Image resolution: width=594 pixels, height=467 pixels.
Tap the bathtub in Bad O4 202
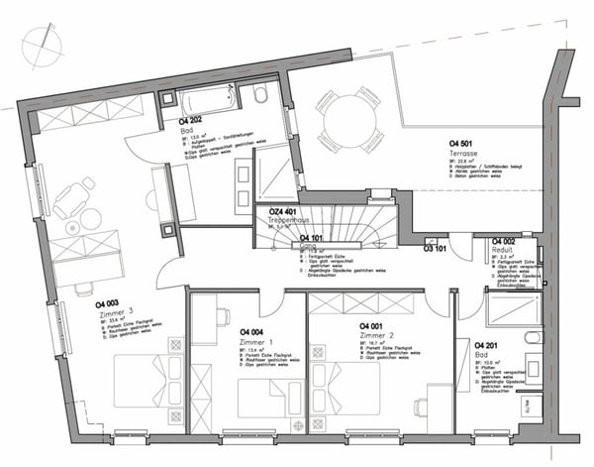tap(206, 99)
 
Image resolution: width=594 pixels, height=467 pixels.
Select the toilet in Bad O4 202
tap(261, 95)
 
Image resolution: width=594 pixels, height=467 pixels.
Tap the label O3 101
tap(437, 249)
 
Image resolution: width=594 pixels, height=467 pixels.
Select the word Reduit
tap(503, 250)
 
